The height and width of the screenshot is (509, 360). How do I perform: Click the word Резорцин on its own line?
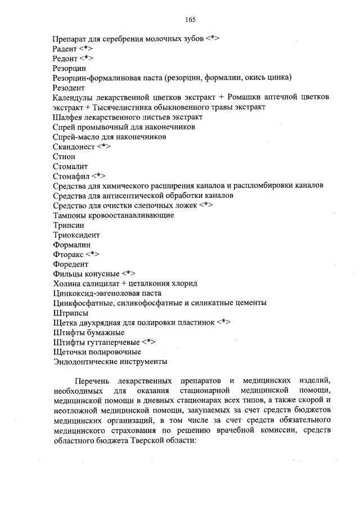tap(69, 67)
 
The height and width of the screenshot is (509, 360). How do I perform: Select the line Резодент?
tap(69, 88)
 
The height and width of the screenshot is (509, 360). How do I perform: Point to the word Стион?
tap(64, 157)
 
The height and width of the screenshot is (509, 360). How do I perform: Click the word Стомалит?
tap(70, 166)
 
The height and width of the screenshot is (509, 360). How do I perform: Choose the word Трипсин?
tap(68, 225)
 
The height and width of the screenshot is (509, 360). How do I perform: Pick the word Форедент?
tap(70, 264)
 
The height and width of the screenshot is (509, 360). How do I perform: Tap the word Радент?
tap(65, 49)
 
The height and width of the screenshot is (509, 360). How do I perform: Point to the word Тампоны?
tap(70, 215)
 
